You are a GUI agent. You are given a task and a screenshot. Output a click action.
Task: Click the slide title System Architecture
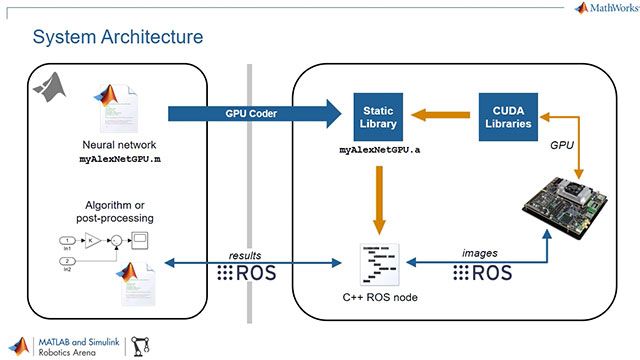118,37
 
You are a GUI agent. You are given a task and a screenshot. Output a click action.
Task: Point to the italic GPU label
562,145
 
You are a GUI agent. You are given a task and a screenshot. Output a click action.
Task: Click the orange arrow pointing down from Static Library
379,201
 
